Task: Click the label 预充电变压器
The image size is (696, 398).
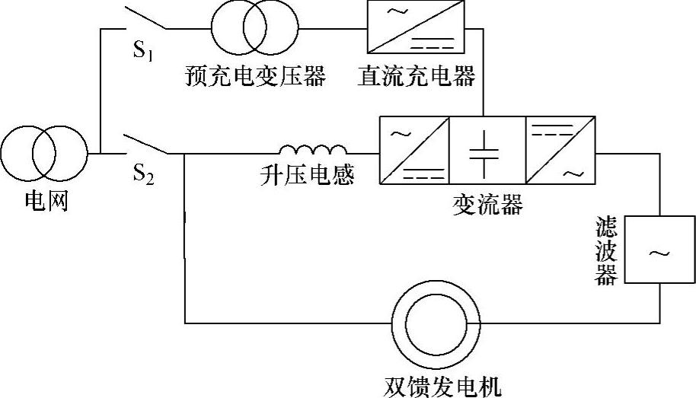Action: [x=255, y=77]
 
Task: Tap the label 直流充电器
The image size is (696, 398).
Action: [x=416, y=77]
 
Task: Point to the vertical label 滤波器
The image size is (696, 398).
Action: [x=607, y=252]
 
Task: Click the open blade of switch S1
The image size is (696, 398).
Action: [x=145, y=18]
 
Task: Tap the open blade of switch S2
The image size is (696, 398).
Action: [x=145, y=144]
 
